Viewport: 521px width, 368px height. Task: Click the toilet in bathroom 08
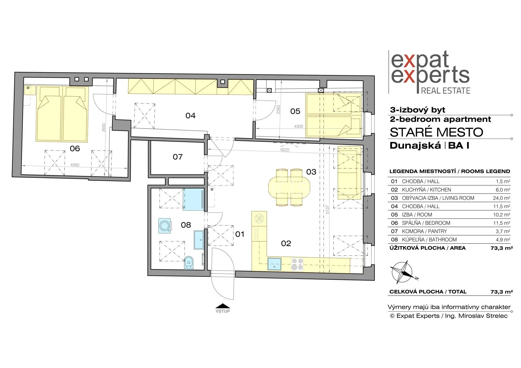(x=189, y=262)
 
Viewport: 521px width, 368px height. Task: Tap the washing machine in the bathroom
(x=165, y=226)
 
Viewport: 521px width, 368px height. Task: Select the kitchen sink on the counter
(x=274, y=264)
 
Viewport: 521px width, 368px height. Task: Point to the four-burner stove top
(x=297, y=264)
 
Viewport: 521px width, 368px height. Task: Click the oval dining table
(x=289, y=187)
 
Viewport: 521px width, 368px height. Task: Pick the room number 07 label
(x=178, y=157)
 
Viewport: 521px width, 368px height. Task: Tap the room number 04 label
(x=190, y=116)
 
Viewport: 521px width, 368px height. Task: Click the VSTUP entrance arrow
(x=223, y=306)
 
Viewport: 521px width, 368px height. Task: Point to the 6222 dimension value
(x=285, y=150)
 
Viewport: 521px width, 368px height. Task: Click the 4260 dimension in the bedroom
(x=75, y=165)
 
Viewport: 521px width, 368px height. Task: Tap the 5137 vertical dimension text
(x=327, y=210)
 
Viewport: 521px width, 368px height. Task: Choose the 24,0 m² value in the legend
(x=501, y=198)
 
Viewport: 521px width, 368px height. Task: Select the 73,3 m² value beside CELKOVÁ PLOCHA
(x=502, y=292)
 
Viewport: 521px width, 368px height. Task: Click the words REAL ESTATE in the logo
(x=446, y=91)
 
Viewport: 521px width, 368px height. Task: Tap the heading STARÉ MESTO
(x=436, y=132)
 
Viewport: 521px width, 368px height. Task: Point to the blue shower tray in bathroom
(x=193, y=199)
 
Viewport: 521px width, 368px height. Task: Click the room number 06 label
(x=75, y=148)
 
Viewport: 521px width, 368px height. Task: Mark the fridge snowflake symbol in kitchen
(x=259, y=218)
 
